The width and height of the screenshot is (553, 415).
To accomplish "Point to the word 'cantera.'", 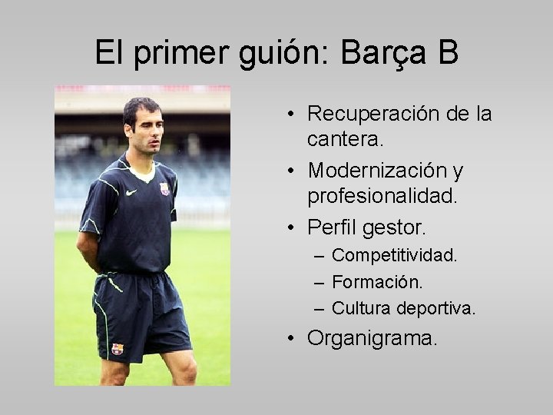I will tap(346, 139).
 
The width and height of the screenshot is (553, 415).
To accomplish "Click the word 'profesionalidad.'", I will tap(382, 196).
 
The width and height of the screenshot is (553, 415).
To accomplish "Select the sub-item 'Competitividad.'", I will tap(394, 255).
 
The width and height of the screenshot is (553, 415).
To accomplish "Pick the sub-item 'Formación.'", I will tap(377, 282).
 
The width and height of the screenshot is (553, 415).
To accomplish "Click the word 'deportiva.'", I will tap(436, 308).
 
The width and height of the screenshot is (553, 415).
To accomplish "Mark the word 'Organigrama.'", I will tap(373, 338).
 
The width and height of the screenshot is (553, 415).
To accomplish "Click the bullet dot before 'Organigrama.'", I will tap(294, 338).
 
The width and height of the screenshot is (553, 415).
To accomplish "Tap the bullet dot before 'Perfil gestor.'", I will tap(294, 227).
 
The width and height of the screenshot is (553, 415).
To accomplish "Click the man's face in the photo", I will tap(145, 127).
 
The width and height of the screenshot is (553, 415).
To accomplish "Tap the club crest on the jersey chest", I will tap(164, 189).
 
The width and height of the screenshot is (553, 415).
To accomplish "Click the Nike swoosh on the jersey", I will tap(131, 192).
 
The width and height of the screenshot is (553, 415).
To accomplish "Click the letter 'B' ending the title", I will tap(449, 52).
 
